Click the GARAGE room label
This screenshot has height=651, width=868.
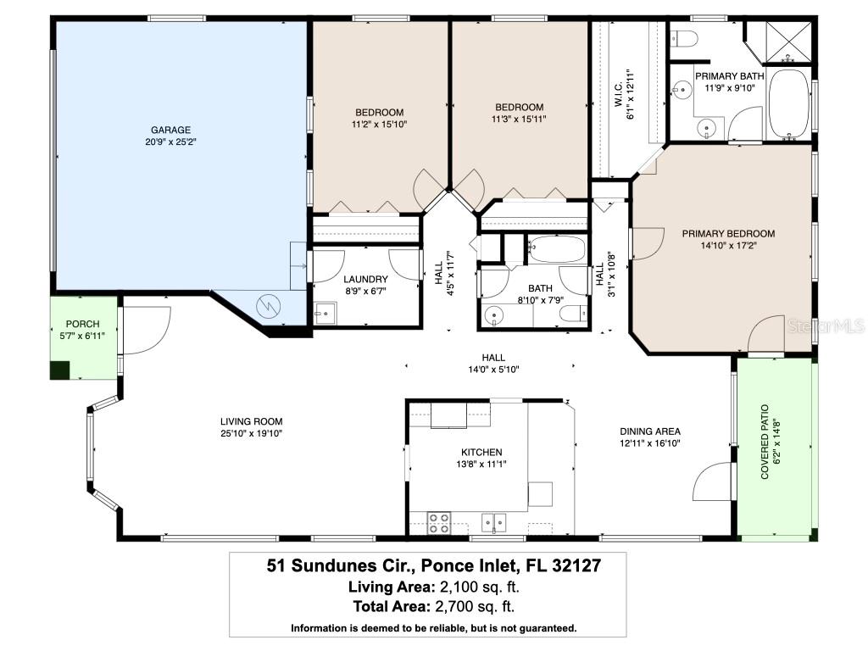point(170,130)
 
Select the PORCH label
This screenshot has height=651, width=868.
point(82,324)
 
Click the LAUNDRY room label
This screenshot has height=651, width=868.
point(366,279)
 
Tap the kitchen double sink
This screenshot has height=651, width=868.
point(494,521)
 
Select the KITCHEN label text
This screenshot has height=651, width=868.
point(481,452)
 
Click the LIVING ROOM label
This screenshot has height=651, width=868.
point(251,421)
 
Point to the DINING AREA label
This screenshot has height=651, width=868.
point(650,431)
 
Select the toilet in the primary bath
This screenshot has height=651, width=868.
point(684,37)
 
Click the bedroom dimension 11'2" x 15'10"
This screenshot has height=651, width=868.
point(379,125)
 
